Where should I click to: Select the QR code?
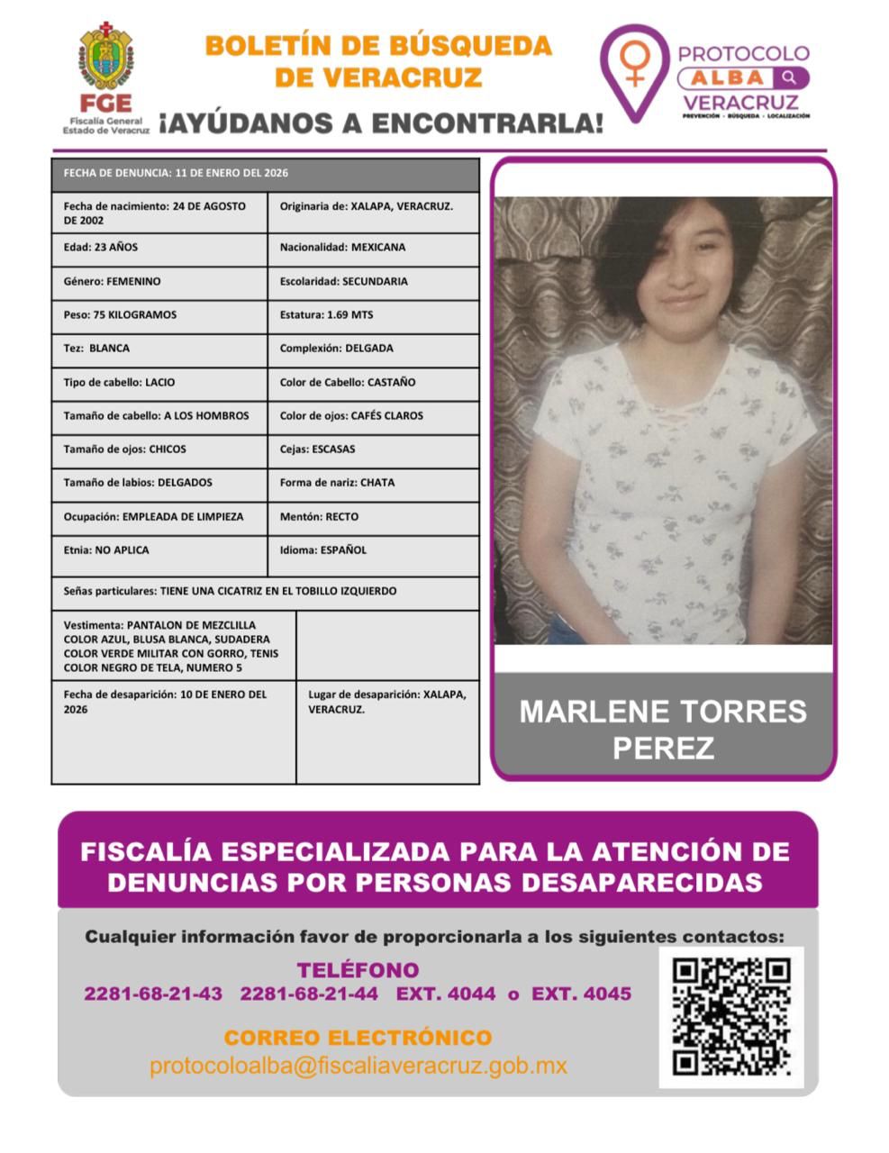pyautogui.click(x=731, y=1017)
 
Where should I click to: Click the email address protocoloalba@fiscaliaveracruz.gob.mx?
pyautogui.click(x=358, y=1067)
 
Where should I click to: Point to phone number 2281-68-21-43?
pyautogui.click(x=153, y=994)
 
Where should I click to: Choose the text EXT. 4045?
pyautogui.click(x=581, y=994)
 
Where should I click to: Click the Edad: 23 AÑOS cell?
pyautogui.click(x=159, y=248)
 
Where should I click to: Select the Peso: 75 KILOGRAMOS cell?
pyautogui.click(x=159, y=315)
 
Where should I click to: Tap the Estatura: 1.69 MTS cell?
pyautogui.click(x=373, y=315)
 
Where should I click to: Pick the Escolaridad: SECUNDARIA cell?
pyautogui.click(x=373, y=281)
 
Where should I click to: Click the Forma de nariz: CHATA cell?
pyautogui.click(x=373, y=483)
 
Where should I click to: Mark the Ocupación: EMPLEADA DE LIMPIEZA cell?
pyautogui.click(x=159, y=517)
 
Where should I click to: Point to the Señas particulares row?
pyautogui.click(x=265, y=592)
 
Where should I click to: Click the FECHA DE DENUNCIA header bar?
pyautogui.click(x=265, y=173)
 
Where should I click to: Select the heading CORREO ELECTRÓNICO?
pyautogui.click(x=358, y=1038)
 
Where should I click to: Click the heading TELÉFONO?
pyautogui.click(x=358, y=970)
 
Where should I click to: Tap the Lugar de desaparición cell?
pyautogui.click(x=387, y=703)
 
